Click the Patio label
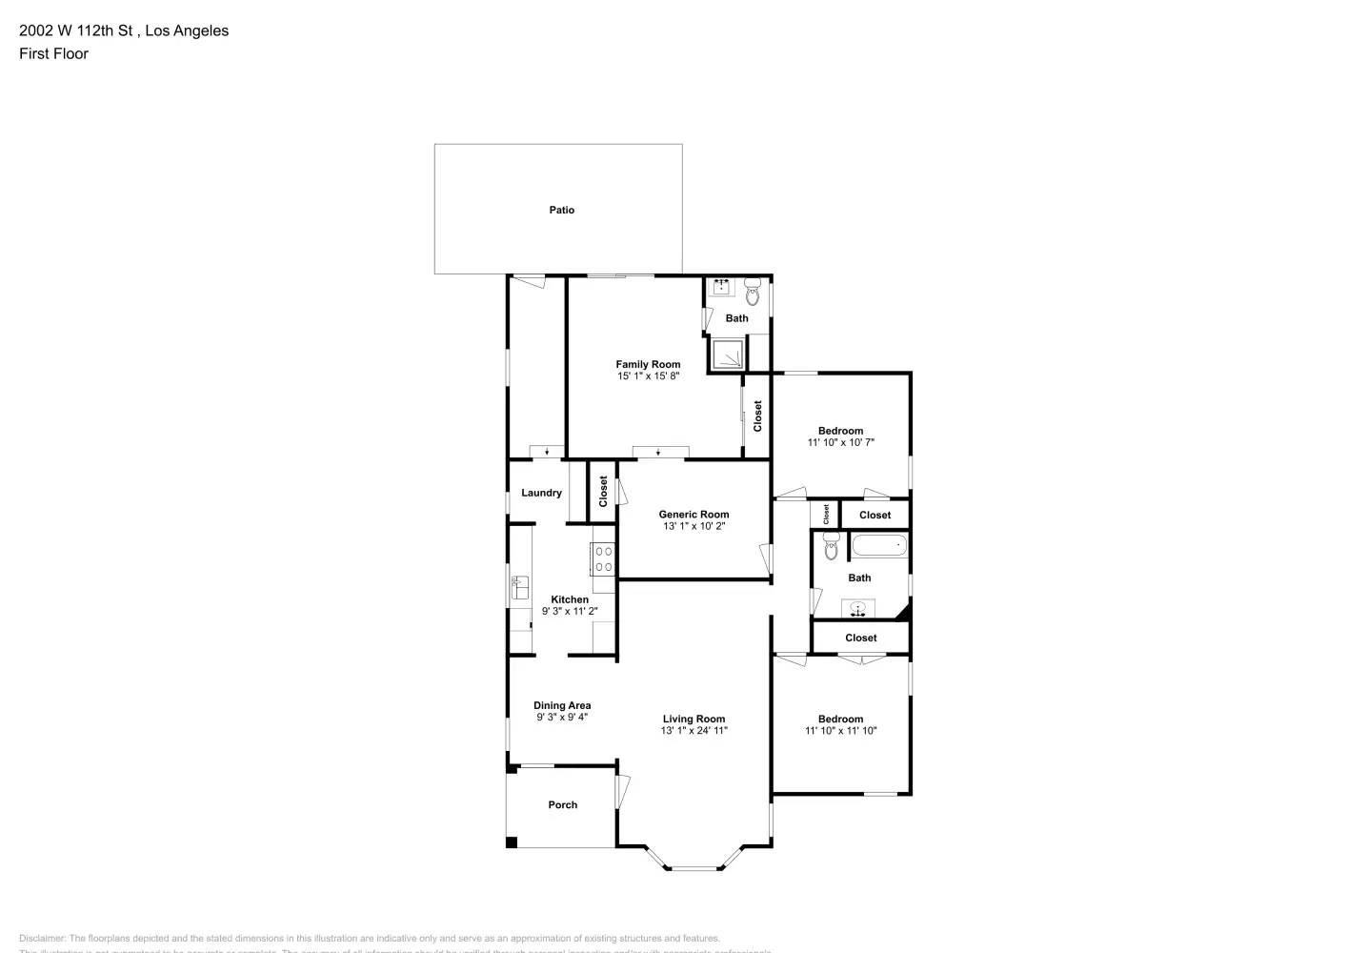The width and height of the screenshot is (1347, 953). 561,210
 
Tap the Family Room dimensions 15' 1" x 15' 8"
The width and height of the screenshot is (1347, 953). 648,376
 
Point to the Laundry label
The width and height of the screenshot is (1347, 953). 541,493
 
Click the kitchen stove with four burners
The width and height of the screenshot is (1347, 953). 603,558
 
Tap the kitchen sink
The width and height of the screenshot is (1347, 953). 520,588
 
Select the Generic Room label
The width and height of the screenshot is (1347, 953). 694,515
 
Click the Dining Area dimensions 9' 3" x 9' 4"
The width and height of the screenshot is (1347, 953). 562,718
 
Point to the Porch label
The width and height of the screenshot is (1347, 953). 562,805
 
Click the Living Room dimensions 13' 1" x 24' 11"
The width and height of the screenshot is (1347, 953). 694,731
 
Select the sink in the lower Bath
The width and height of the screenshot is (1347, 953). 857,608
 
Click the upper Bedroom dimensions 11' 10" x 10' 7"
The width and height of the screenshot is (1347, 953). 840,442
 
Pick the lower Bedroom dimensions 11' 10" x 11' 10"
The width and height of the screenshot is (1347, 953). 840,731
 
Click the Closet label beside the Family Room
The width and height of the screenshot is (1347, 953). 758,416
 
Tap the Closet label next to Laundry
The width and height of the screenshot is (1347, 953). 603,492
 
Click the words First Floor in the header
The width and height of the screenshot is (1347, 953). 53,53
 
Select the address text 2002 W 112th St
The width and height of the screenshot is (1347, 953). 75,30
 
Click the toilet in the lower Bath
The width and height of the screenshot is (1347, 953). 830,547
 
